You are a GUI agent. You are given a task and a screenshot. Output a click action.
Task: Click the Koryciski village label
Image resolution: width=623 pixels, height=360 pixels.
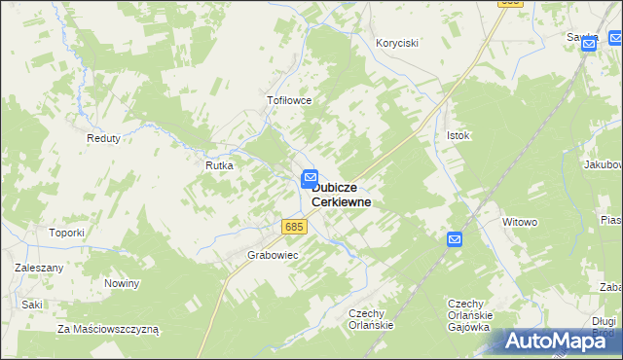[397, 43]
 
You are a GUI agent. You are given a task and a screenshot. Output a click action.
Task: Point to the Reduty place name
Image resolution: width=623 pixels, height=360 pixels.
[103, 138]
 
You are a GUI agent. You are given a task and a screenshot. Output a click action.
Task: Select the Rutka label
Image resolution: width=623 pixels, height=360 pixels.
[219, 165]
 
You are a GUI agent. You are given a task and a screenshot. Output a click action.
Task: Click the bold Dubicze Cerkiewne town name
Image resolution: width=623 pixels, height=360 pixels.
[341, 194]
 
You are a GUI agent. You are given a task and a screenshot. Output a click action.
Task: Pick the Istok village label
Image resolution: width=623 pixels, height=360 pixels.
[458, 135]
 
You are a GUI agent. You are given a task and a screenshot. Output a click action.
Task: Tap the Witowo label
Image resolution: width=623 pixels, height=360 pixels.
[520, 222]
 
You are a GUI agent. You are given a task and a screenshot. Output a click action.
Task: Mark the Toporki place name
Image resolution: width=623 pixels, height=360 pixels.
[68, 233]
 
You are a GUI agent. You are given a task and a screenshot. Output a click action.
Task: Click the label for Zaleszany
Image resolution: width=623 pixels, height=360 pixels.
[39, 267]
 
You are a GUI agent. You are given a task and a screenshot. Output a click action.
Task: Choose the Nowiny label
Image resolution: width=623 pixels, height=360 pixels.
[123, 283]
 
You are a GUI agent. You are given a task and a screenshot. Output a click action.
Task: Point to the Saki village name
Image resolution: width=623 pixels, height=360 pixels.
[32, 304]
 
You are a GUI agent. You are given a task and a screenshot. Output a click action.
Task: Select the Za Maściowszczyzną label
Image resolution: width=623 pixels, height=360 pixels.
[108, 329]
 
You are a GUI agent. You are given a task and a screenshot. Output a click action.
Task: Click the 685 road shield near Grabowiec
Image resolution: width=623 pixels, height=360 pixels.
[295, 227]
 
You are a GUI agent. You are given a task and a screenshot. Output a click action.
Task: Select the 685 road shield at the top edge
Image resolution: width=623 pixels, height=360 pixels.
[509, 3]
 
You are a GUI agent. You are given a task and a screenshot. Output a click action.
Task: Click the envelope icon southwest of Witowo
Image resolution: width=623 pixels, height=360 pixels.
[455, 239]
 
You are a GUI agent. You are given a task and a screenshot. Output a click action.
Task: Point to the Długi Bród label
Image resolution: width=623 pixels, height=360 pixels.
[604, 325]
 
